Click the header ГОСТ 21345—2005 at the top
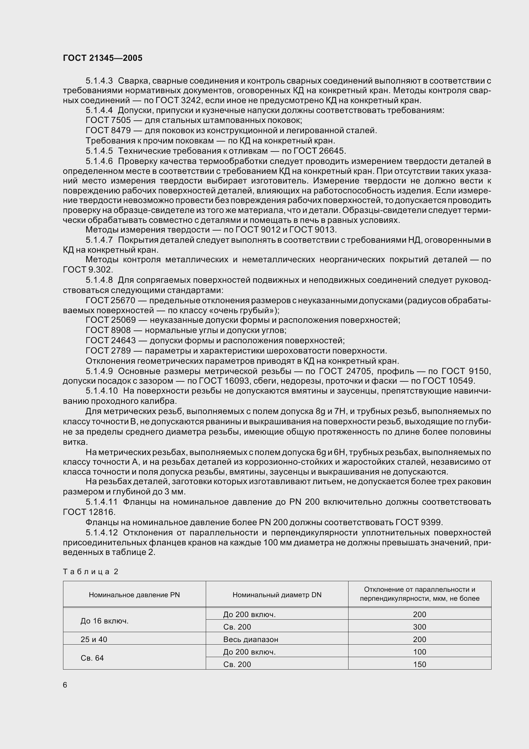pos(103,58)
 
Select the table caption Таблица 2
pos(90,572)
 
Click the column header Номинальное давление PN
pos(134,595)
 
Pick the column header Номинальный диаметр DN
pos(277,595)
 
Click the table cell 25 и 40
pos(94,639)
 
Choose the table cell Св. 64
pos(92,658)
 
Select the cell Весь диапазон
pos(251,639)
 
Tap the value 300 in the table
pos(420,627)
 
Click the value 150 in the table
pos(420,664)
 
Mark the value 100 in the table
pos(420,652)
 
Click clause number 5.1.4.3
pos(99,81)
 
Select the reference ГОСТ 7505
pos(108,120)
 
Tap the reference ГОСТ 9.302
pos(88,270)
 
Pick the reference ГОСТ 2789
pos(108,351)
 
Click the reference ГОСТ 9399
pos(419,522)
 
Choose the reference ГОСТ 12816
pos(89,512)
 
